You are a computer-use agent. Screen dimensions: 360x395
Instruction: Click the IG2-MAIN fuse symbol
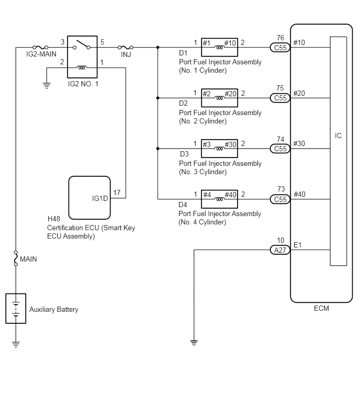coord(40,47)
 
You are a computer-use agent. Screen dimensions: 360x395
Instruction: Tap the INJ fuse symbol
coord(126,47)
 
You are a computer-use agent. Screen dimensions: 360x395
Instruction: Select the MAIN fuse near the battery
coord(16,258)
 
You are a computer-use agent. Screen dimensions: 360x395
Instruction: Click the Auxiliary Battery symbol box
coord(16,308)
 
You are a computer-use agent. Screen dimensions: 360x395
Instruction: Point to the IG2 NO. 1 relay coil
coord(82,67)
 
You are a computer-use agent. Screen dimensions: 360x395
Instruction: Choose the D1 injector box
coord(219,47)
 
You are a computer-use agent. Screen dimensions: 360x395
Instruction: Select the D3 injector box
coord(219,149)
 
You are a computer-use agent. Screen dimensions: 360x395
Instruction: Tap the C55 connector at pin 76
coord(280,48)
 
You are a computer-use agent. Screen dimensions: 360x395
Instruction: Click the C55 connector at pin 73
coord(280,199)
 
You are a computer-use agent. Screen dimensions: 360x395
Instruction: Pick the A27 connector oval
coord(280,250)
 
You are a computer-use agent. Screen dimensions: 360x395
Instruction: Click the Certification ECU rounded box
coord(89,198)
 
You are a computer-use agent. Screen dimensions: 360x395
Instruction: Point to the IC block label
coord(338,136)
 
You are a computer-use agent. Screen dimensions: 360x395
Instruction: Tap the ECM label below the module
coord(321,308)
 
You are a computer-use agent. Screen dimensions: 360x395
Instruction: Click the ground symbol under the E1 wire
coord(194,343)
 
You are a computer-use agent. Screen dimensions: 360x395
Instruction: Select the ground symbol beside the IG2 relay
coord(47,85)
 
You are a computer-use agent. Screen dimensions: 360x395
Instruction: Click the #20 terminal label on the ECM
coord(299,94)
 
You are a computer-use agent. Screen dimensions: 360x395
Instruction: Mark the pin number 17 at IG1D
coord(117,193)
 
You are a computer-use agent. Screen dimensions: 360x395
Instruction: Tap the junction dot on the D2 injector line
coord(157,98)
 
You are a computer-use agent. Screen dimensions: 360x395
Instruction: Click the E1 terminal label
coord(298,245)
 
